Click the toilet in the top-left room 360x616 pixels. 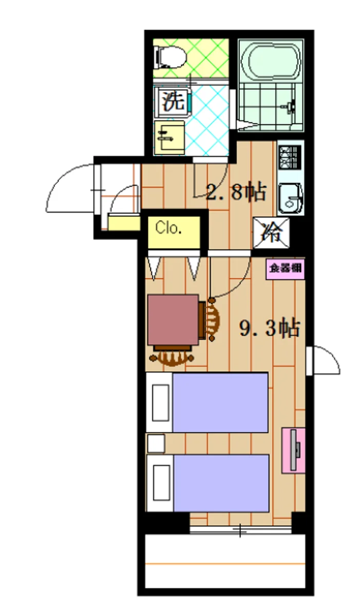point(170,57)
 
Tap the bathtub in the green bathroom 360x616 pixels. point(270,61)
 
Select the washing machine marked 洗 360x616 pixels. point(173,102)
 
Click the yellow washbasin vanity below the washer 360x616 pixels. point(169,138)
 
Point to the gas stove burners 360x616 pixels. point(289,157)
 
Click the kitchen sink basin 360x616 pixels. point(290,198)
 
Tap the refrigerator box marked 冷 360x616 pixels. point(271,233)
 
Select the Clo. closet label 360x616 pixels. point(168,228)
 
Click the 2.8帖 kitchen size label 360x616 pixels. point(236,191)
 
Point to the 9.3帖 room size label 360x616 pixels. point(270,328)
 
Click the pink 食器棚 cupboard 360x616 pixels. point(285,268)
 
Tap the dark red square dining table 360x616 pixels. point(173,319)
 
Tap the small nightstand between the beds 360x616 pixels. point(156,444)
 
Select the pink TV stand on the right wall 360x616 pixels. point(293,450)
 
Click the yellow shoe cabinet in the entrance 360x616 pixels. point(124,223)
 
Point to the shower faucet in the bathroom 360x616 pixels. point(290,106)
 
